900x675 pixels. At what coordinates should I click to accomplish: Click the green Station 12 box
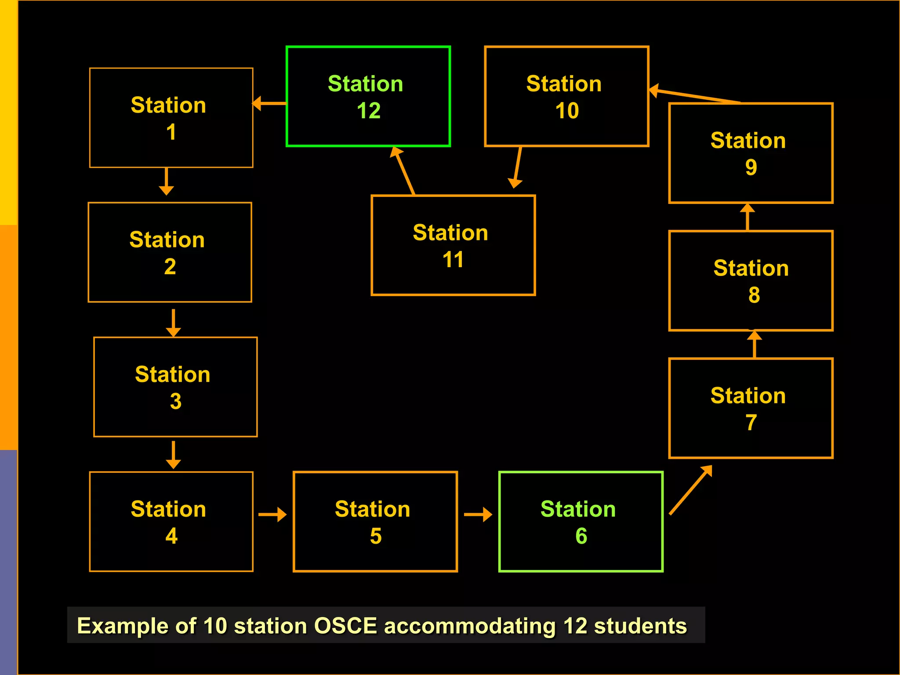(368, 96)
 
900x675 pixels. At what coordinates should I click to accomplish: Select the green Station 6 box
(581, 522)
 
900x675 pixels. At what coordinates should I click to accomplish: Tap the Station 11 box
(453, 245)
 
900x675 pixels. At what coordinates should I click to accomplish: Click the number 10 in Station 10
(567, 111)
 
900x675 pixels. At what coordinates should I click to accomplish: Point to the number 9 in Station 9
(751, 167)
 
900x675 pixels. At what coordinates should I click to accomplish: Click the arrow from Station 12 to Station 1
(269, 103)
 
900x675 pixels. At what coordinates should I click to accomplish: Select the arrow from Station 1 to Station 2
(166, 181)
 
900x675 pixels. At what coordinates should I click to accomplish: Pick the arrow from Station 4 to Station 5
(272, 514)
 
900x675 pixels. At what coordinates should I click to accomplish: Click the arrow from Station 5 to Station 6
(478, 514)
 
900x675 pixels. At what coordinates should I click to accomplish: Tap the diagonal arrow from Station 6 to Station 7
(690, 490)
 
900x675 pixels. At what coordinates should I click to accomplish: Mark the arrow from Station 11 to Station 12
(403, 171)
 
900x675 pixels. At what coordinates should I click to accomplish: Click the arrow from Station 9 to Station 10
(694, 95)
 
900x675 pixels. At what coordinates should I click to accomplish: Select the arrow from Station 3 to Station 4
(174, 455)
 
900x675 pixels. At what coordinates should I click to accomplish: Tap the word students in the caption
(640, 626)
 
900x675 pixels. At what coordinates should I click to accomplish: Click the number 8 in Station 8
(754, 295)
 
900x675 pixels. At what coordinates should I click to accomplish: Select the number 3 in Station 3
(175, 402)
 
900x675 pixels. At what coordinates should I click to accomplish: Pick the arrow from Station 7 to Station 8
(755, 345)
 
